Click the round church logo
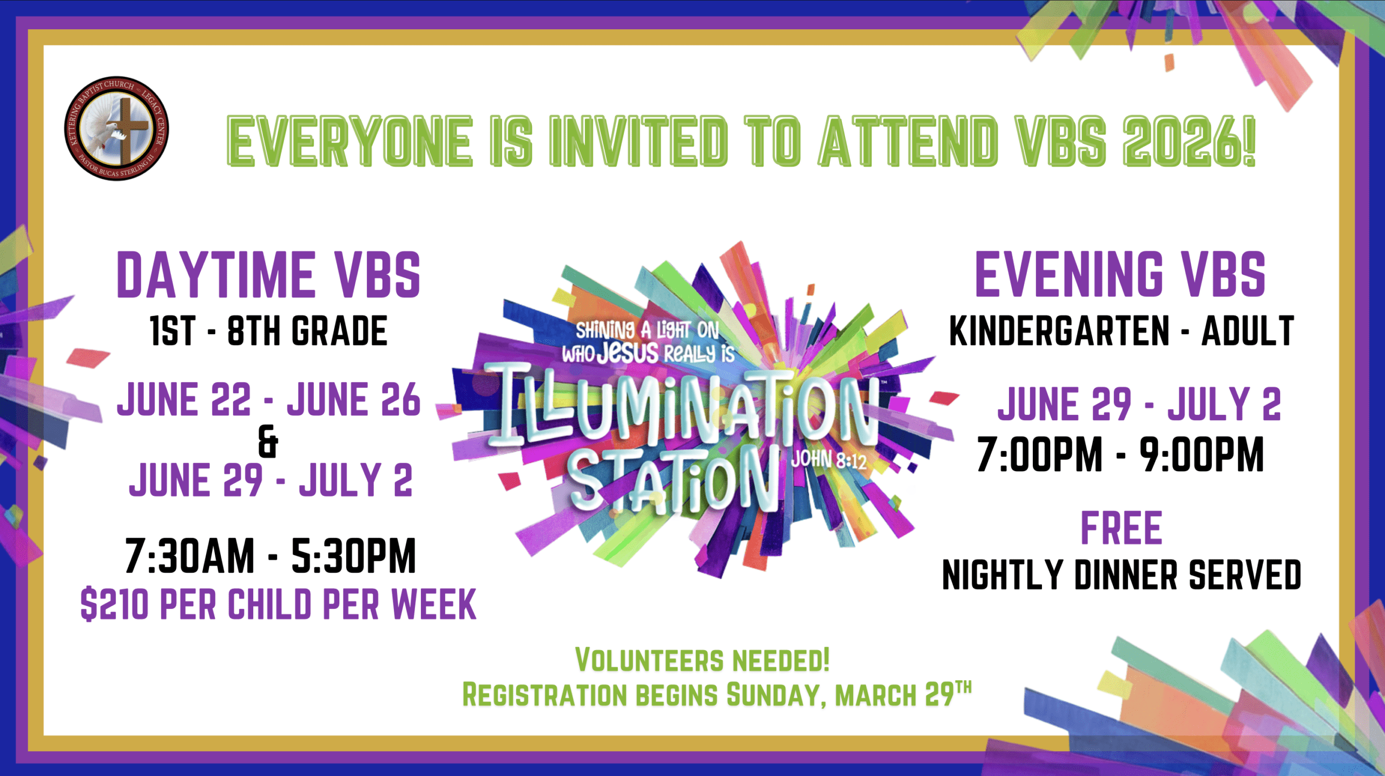(x=116, y=128)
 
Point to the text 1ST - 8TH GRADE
(x=269, y=331)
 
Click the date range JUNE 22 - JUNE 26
(x=268, y=399)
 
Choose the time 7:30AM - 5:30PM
(x=271, y=555)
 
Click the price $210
(x=114, y=604)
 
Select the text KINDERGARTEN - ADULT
(x=1122, y=330)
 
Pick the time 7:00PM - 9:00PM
(x=1120, y=454)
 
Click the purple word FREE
(x=1121, y=528)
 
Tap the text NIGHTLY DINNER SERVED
(x=1122, y=574)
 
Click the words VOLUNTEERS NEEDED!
(x=702, y=660)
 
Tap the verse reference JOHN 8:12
(x=829, y=460)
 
